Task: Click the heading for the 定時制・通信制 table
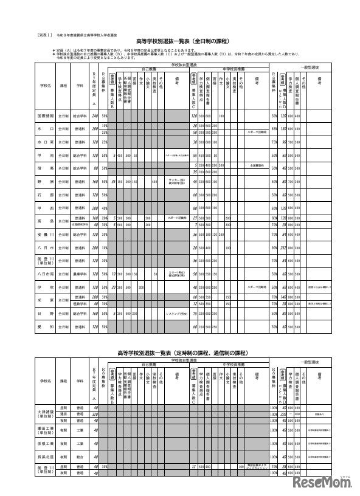(x=182, y=352)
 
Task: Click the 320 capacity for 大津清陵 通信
(x=94, y=413)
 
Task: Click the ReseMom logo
(x=325, y=481)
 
